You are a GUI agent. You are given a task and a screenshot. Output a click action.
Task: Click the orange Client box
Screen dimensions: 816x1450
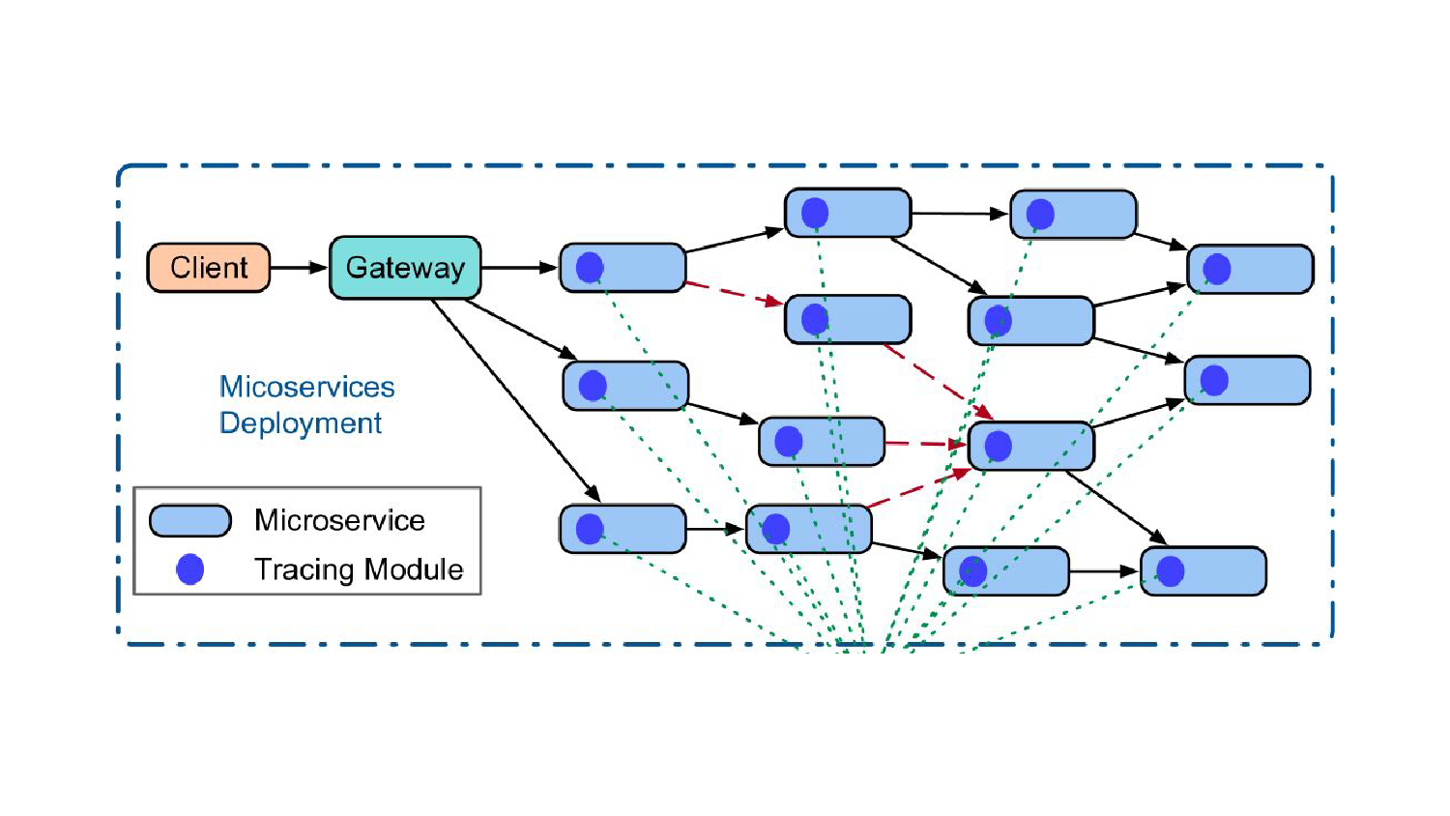[x=208, y=268]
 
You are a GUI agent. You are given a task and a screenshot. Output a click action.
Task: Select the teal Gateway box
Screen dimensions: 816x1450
[x=405, y=268]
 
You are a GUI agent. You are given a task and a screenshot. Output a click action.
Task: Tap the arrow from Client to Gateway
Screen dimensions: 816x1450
[x=299, y=268]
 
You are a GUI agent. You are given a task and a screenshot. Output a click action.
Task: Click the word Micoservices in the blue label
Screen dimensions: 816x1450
[x=306, y=387]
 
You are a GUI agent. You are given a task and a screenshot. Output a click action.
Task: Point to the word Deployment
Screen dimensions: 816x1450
[x=301, y=423]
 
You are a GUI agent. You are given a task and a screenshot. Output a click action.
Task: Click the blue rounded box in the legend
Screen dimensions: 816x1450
[x=190, y=520]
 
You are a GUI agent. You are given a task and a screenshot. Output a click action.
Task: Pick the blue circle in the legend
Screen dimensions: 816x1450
[x=190, y=569]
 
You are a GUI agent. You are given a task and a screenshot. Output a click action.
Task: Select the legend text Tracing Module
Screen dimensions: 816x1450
[x=359, y=569]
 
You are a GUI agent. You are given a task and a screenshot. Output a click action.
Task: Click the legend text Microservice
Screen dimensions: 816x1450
[x=339, y=520]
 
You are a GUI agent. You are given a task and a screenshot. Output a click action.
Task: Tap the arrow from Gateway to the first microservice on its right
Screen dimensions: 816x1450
[x=520, y=268]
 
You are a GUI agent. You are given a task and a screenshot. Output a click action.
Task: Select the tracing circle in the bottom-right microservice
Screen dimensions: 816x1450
[x=1171, y=571]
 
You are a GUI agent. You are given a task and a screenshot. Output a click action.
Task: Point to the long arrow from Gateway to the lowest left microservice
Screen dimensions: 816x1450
[x=516, y=400]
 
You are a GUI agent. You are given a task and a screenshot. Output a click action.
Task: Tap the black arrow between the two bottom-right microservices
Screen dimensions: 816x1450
[x=1104, y=571]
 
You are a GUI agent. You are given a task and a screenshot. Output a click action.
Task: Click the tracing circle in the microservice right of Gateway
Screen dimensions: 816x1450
[x=590, y=268]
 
